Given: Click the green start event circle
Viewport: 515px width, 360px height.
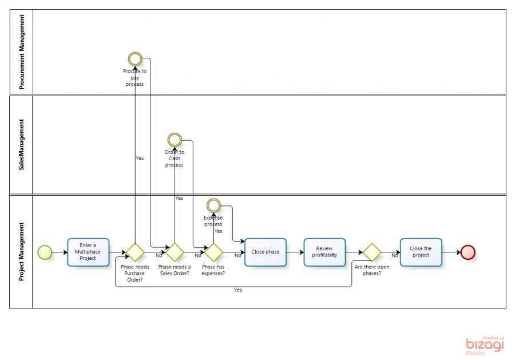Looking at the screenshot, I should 45,252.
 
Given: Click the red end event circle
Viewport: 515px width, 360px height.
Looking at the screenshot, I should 468,252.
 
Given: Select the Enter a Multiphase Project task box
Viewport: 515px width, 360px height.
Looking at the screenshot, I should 88,252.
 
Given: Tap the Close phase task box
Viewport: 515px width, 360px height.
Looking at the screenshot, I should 266,252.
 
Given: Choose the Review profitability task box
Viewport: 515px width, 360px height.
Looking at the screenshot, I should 324,252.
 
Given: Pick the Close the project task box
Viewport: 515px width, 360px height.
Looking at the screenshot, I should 421,252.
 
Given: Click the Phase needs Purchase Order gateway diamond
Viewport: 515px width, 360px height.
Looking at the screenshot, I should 135,252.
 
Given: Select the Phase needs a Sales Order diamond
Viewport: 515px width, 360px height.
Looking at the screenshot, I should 174,252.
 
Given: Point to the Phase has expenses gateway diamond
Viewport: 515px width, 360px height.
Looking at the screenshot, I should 213,252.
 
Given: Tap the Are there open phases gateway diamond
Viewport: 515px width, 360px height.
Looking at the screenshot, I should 371,252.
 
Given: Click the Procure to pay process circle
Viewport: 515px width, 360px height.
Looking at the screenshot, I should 135,58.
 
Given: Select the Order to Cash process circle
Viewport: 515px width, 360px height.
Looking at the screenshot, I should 174,140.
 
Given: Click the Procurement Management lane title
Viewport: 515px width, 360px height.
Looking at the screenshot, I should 22,52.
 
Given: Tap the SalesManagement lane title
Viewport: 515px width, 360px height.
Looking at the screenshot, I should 22,145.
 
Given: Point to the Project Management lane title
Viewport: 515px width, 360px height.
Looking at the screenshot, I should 22,252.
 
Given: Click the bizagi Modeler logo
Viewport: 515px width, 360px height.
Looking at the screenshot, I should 484,345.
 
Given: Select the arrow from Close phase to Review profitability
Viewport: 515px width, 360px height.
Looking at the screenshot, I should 295,252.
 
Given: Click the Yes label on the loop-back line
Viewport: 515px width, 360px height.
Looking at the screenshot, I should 237,290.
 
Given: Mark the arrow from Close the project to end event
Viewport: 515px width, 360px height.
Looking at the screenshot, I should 451,252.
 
